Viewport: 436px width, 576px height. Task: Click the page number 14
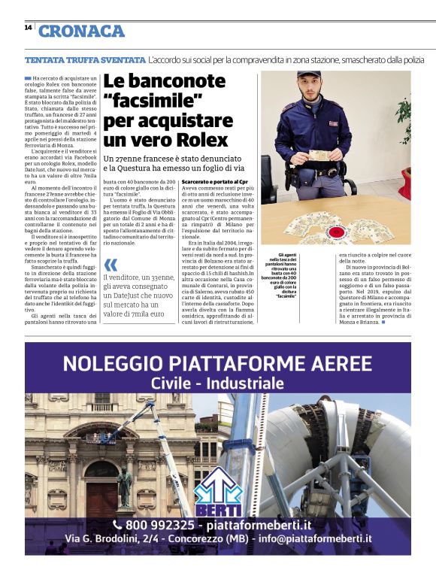[x=28, y=28]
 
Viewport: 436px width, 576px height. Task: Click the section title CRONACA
[x=81, y=31]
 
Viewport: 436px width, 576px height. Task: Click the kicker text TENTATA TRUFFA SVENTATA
[x=85, y=59]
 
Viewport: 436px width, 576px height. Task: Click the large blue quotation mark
[x=111, y=265]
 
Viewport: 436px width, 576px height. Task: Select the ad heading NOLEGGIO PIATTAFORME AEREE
[x=217, y=364]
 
